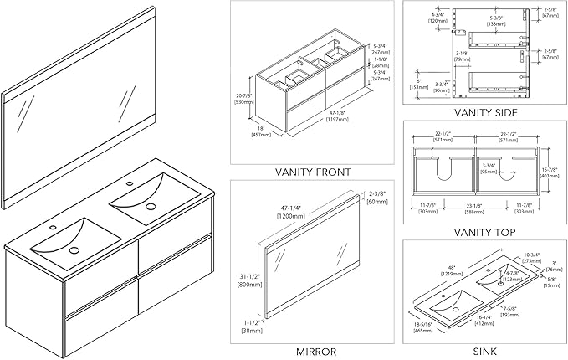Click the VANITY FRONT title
pyautogui.click(x=313, y=172)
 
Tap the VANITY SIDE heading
pyautogui.click(x=485, y=112)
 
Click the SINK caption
pyautogui.click(x=485, y=352)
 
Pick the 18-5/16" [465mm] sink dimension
pyautogui.click(x=423, y=332)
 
